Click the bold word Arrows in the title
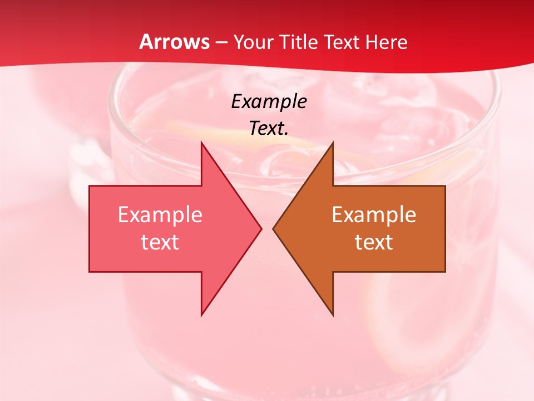tap(175, 42)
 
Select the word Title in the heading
tap(298, 42)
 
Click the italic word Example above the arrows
tap(269, 101)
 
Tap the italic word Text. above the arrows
tap(269, 128)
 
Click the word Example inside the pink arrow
tap(160, 215)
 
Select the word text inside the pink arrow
tap(160, 242)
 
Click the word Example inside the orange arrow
tap(374, 215)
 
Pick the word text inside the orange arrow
tap(374, 242)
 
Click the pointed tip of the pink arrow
tap(261, 228)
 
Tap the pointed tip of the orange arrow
tap(273, 228)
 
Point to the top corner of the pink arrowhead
tap(201, 142)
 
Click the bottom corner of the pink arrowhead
tap(201, 315)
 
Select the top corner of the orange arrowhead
tap(333, 142)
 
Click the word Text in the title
tap(341, 42)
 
